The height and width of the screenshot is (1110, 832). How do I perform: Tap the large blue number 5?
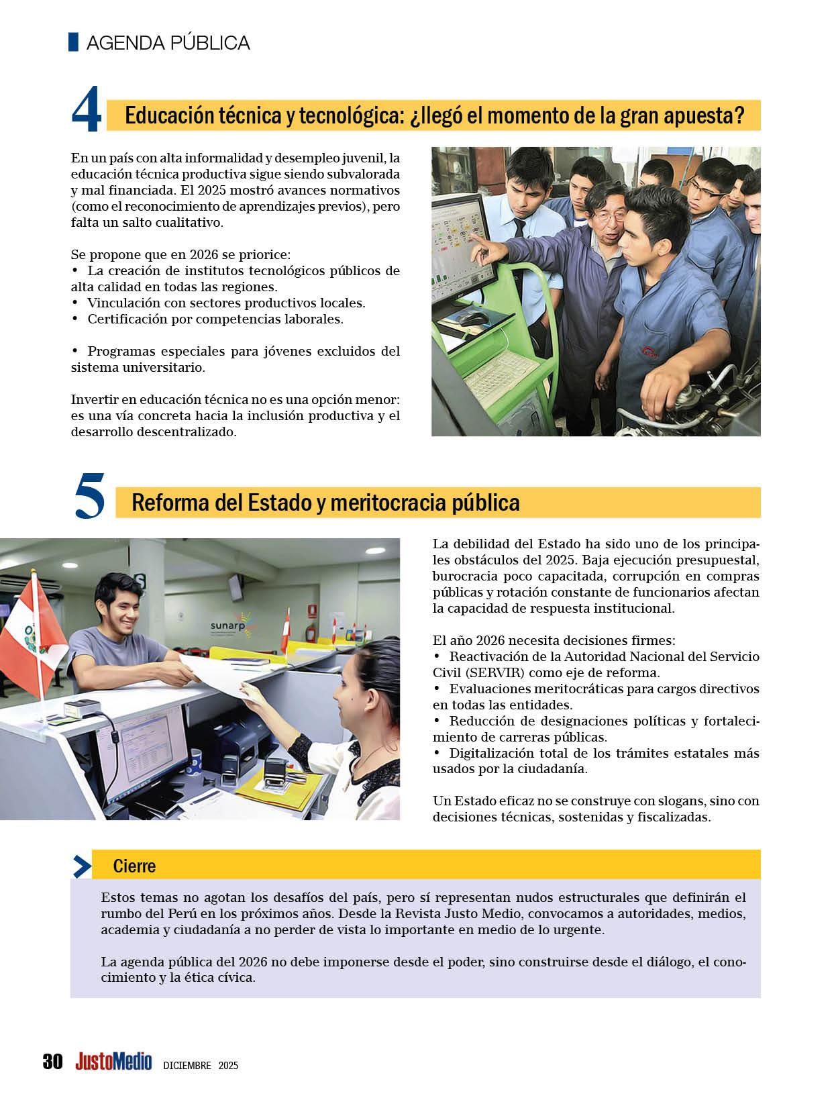(x=89, y=497)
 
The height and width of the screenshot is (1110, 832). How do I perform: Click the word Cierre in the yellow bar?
(x=134, y=866)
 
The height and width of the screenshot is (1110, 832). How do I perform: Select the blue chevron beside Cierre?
(x=82, y=866)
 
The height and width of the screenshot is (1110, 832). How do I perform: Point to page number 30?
(x=52, y=1062)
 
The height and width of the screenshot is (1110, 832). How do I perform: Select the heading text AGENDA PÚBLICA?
(x=168, y=43)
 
